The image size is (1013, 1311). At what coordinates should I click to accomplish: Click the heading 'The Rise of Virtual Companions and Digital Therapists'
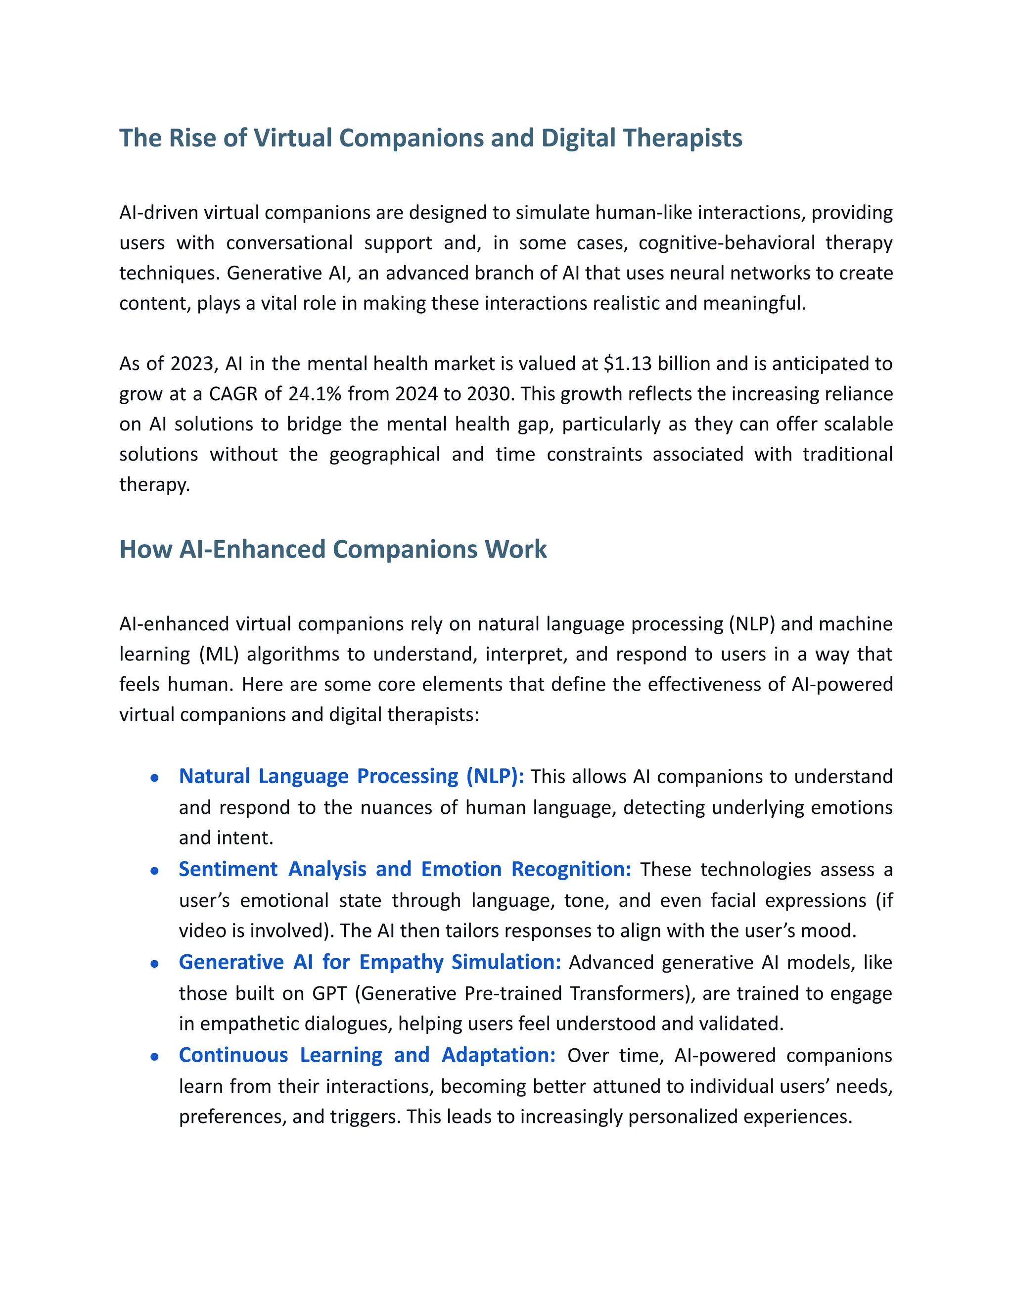430,138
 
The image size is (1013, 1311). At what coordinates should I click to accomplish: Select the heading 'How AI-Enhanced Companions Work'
333,549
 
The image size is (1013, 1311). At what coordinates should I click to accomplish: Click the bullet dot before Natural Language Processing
155,778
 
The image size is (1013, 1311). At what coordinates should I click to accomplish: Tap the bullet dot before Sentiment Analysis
155,871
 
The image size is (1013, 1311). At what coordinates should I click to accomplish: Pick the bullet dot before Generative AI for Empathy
155,964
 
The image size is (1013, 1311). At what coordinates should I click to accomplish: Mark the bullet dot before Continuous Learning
155,1057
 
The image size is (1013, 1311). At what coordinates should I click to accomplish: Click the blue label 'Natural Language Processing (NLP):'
351,776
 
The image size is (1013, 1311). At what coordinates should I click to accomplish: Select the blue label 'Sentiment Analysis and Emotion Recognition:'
405,869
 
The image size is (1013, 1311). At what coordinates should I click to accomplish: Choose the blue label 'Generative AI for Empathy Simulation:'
369,962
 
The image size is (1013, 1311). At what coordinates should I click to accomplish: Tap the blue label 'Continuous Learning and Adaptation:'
368,1055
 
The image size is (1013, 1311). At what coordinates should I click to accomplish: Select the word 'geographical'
385,455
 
